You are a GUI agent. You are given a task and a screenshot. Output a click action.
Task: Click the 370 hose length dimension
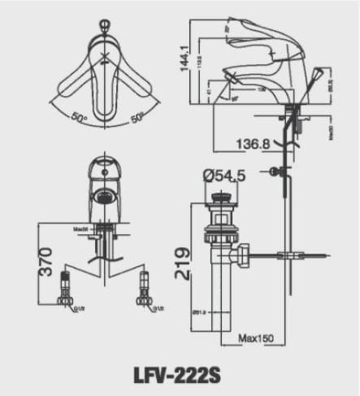click(46, 262)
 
